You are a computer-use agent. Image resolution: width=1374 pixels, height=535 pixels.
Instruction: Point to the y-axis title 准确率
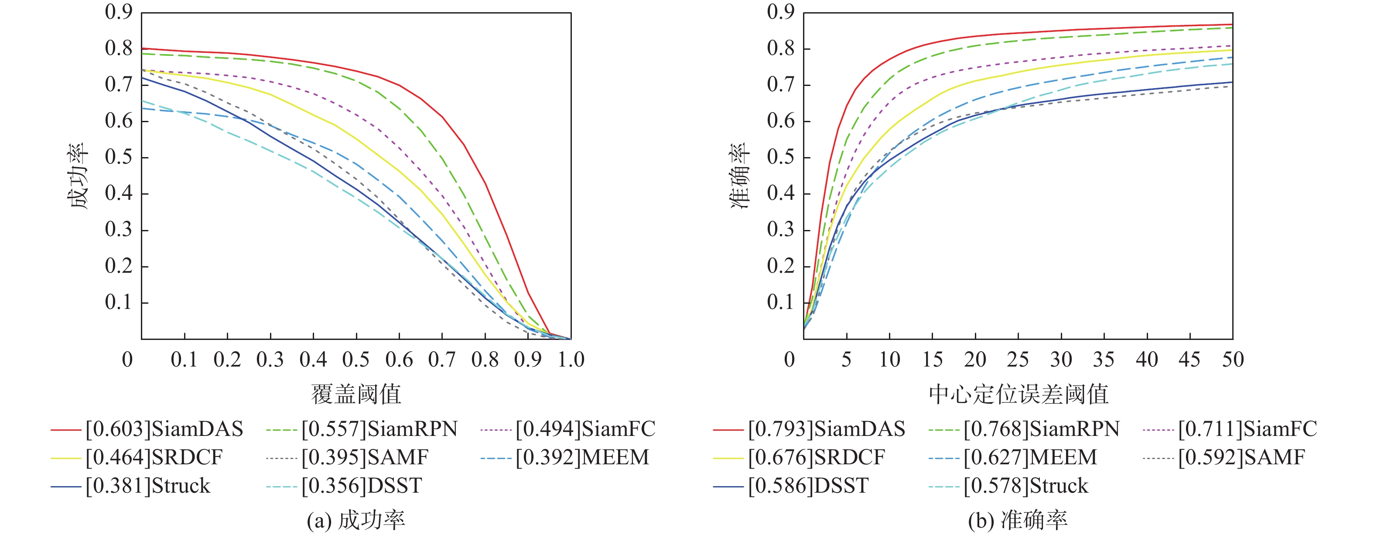(x=740, y=175)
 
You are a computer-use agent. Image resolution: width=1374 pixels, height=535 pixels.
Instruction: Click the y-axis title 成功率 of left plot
(x=79, y=175)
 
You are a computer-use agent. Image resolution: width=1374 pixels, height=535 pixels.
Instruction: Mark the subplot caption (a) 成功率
(x=356, y=521)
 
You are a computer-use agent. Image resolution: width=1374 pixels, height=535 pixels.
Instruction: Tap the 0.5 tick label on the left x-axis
(x=356, y=360)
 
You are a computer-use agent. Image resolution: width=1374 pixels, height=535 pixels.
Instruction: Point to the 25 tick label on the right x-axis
(x=1018, y=360)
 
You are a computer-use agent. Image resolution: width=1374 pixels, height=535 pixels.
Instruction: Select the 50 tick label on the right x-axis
(x=1233, y=360)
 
